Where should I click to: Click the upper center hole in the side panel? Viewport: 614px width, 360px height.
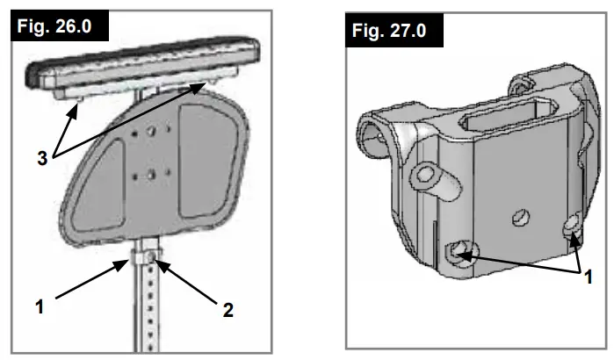152,131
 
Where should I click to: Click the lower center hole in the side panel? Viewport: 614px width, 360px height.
152,173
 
